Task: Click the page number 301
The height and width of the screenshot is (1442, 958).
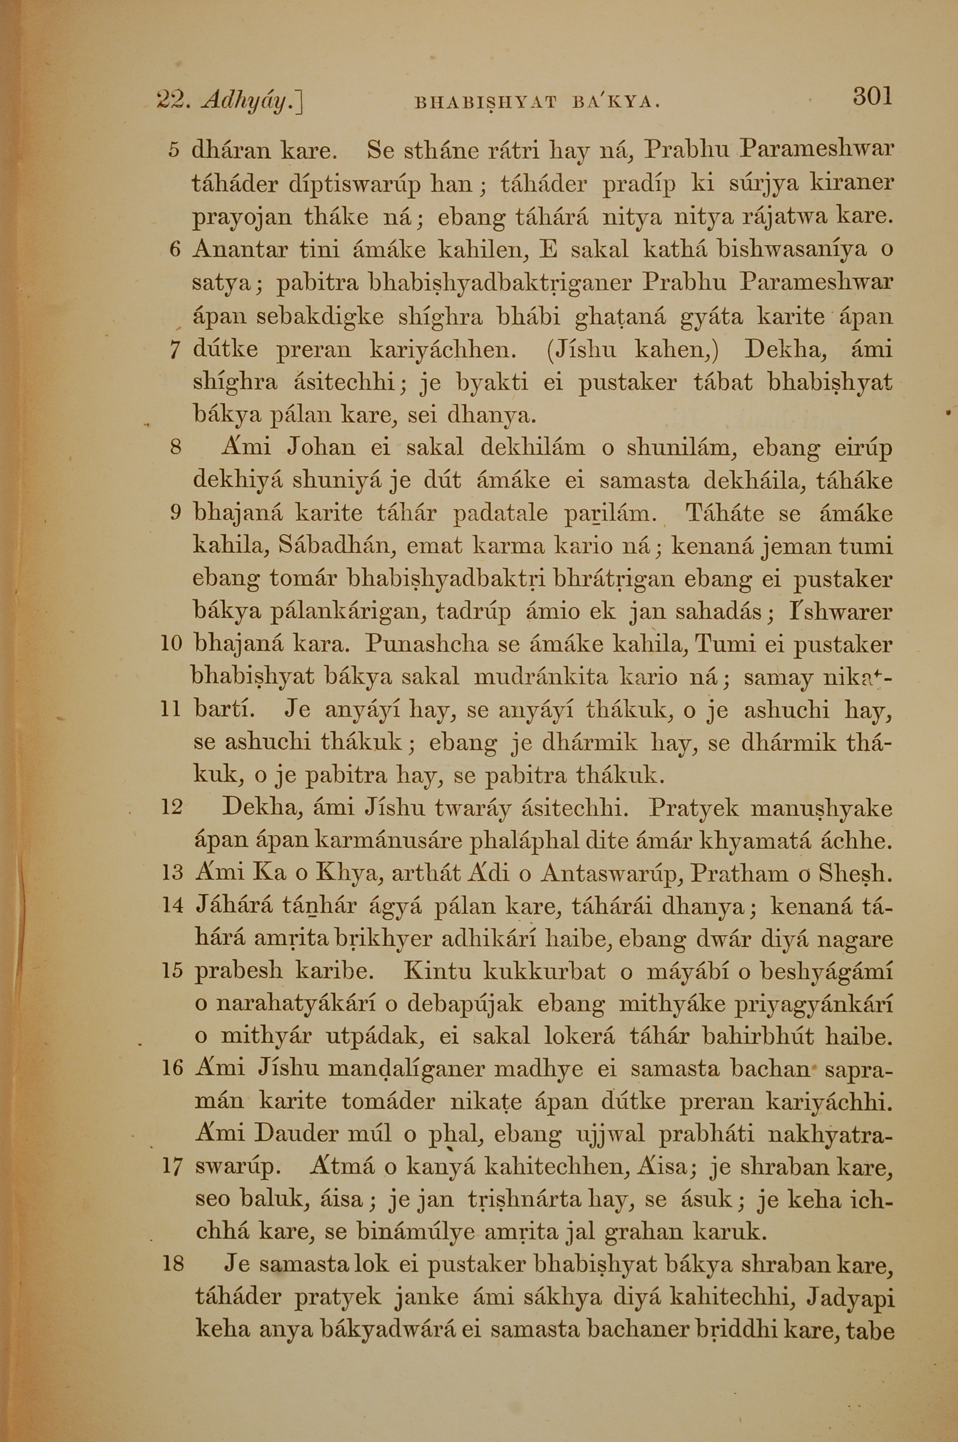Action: tap(872, 96)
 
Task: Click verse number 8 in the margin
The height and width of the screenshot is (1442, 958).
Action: tap(176, 447)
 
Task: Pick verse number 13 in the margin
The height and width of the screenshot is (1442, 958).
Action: tap(173, 873)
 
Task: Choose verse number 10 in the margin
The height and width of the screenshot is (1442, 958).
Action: tap(171, 644)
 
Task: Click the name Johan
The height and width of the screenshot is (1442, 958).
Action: tap(321, 447)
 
